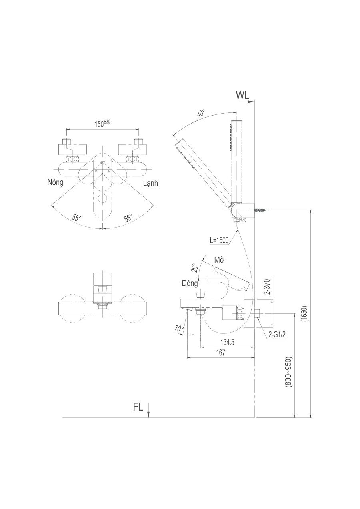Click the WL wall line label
click(243, 96)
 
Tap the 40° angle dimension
click(201, 113)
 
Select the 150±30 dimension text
click(102, 124)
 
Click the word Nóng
click(56, 182)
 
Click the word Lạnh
click(150, 183)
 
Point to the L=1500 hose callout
click(219, 241)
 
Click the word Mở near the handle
click(220, 260)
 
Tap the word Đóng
click(190, 283)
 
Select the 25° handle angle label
click(194, 268)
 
